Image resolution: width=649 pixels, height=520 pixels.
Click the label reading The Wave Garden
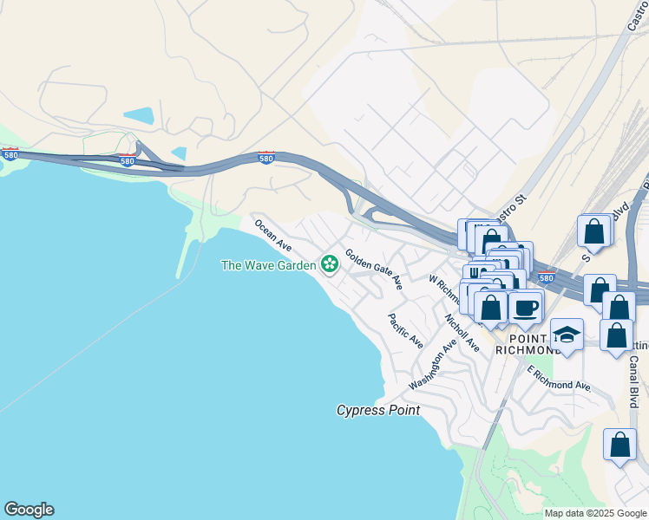coord(268,265)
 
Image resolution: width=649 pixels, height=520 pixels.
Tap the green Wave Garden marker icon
coord(330,263)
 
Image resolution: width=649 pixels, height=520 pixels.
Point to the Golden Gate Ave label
coord(374,270)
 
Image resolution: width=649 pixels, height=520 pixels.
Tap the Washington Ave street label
coord(432,364)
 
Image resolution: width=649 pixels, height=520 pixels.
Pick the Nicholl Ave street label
coord(462,333)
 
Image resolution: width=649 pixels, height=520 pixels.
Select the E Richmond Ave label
coord(560,378)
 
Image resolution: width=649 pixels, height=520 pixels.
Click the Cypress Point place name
coord(378,410)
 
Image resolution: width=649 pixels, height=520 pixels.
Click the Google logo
coord(29,510)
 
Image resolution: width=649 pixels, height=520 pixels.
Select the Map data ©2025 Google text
coord(594,513)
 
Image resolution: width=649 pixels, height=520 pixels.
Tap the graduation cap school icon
coord(567,335)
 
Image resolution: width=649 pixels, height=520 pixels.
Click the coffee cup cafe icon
coord(526,307)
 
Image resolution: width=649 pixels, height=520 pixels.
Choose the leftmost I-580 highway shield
coord(10,153)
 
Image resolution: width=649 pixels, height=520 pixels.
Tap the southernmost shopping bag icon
coord(620,445)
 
